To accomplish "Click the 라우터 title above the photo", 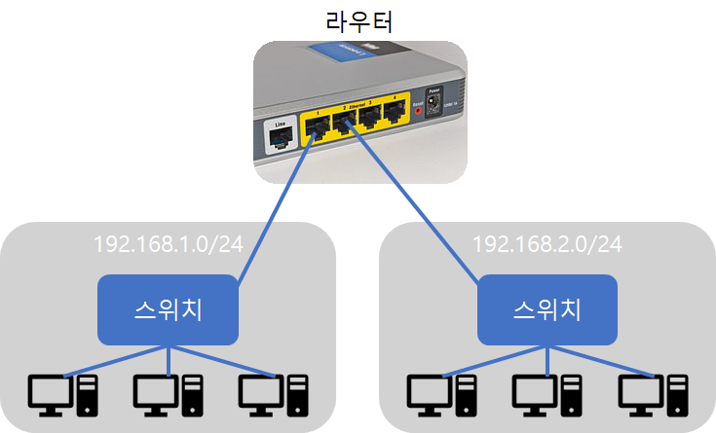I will click(x=358, y=19).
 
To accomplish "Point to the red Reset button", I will click(x=420, y=111).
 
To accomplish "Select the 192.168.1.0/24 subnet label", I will click(x=168, y=244).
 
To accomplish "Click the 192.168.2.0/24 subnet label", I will click(x=546, y=244).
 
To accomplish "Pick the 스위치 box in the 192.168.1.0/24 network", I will click(x=168, y=309).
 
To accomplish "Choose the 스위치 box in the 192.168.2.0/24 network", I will click(x=546, y=309).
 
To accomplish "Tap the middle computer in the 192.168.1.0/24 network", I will click(x=168, y=393).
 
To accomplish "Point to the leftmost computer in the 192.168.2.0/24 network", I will click(x=441, y=393).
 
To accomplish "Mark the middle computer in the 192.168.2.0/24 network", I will click(x=546, y=393).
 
